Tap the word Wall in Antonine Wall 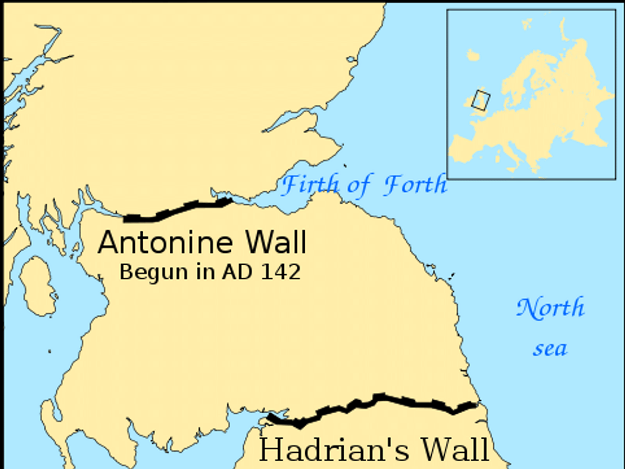coord(276,243)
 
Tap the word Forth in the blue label coord(415,185)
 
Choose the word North coord(551,308)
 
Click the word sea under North coord(550,348)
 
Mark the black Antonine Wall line coord(177,210)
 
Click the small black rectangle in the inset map coord(481,100)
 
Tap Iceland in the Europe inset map coord(473,55)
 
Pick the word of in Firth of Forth coord(359,185)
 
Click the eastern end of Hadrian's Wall coord(475,404)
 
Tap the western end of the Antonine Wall coord(127,218)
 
